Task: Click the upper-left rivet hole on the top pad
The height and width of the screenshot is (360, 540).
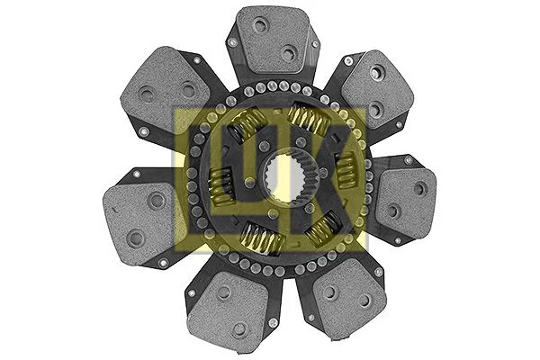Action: tap(260, 25)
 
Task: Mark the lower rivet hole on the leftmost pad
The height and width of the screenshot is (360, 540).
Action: tap(136, 238)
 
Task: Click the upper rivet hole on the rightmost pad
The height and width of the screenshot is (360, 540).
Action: tap(420, 188)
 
